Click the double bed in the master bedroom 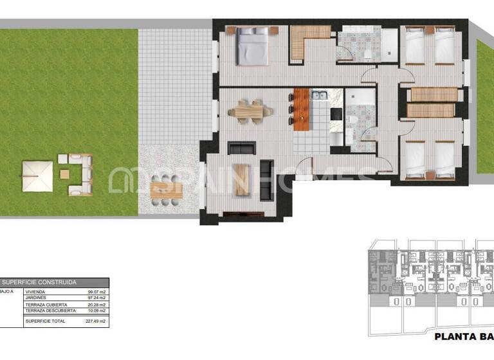[251, 47]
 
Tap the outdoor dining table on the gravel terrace [167, 190]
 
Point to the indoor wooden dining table [249, 112]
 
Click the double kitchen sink [320, 96]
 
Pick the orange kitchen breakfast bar [302, 109]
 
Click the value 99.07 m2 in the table [96, 292]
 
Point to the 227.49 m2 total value [96, 320]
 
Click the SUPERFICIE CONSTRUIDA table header [40, 282]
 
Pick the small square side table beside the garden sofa [64, 174]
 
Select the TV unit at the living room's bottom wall [242, 213]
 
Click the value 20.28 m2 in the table [96, 305]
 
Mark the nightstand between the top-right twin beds [430, 30]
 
